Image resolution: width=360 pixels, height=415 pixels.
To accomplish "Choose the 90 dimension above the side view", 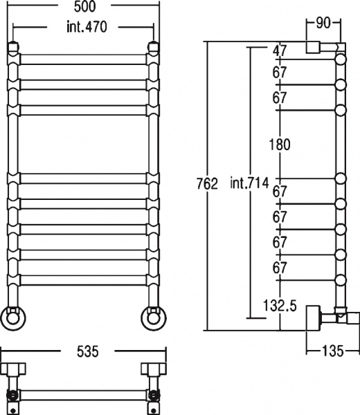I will pyautogui.click(x=323, y=22).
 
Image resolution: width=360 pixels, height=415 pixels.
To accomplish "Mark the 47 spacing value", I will pyautogui.click(x=280, y=50).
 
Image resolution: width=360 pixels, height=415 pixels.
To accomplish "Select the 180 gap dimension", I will pyautogui.click(x=280, y=145).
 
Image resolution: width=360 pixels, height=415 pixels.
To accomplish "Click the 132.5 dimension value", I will pyautogui.click(x=280, y=304).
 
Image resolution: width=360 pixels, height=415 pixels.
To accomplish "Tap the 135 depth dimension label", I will pyautogui.click(x=333, y=352).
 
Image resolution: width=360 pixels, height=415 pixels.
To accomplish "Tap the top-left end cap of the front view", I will pyautogui.click(x=14, y=48).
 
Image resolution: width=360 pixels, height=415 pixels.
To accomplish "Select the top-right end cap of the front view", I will pyautogui.click(x=153, y=48).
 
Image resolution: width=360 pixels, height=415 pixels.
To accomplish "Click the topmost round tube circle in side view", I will pyautogui.click(x=340, y=61).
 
